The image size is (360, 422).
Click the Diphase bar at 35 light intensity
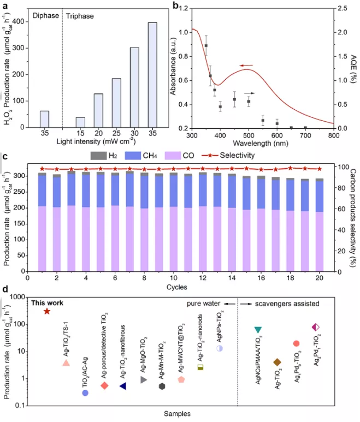44,119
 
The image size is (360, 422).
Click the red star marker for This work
47,311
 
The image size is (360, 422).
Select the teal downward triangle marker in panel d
258,330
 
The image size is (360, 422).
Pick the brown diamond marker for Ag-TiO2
277,362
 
